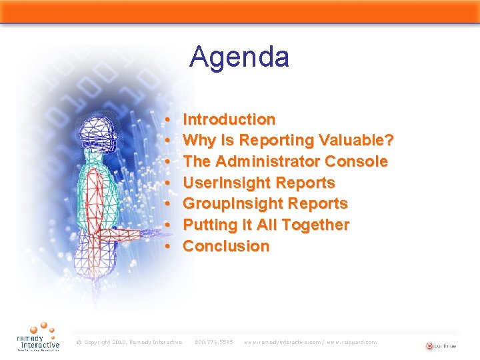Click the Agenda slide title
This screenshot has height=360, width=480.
[239, 57]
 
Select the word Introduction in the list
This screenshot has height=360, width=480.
[229, 119]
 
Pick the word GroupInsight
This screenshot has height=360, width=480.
[227, 203]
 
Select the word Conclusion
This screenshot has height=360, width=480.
[226, 246]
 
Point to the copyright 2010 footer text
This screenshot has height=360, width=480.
[129, 342]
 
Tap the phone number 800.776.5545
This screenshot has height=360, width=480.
[213, 342]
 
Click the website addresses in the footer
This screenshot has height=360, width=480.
[310, 342]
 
